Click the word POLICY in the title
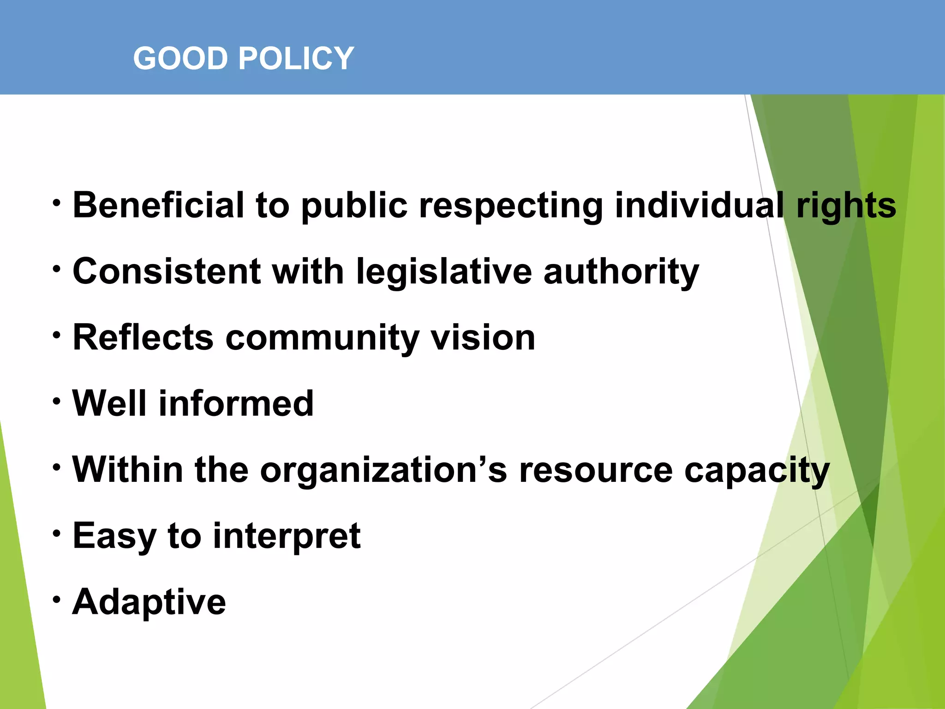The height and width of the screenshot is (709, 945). coord(296,59)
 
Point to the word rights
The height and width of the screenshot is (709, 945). coord(846,206)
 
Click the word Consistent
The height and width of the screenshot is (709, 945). coord(167,271)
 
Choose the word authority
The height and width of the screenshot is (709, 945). coord(621,272)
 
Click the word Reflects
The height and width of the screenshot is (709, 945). coord(143,337)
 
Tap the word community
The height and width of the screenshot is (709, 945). coord(322,338)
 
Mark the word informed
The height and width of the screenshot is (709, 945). coord(236,403)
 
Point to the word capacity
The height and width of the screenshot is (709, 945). coord(757,470)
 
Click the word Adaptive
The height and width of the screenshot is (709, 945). coord(149,602)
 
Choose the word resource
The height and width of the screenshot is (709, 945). coord(596,470)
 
